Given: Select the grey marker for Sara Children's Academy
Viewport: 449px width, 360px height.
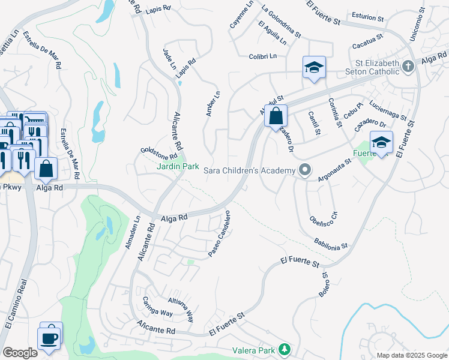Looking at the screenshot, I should [x=305, y=170].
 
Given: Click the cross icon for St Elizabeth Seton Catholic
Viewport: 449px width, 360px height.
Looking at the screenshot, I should [x=408, y=66].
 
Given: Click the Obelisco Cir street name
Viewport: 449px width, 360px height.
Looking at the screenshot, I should [x=324, y=223].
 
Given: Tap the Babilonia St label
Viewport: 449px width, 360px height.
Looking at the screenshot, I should [x=331, y=243].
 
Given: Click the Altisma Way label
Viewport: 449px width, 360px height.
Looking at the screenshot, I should [x=181, y=308].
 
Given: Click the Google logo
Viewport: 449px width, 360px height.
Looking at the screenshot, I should [x=20, y=352].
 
